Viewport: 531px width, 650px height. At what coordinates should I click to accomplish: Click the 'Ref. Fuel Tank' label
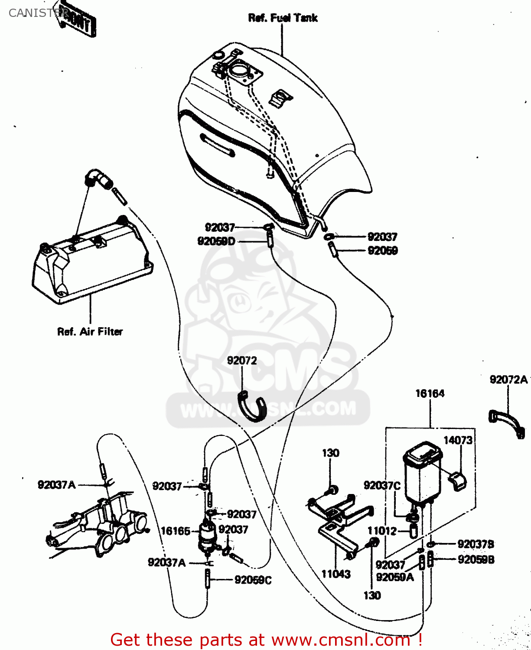pyautogui.click(x=283, y=18)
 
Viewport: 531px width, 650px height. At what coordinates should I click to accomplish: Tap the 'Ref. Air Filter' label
pyautogui.click(x=90, y=331)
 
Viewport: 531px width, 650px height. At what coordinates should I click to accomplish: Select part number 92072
pyautogui.click(x=242, y=361)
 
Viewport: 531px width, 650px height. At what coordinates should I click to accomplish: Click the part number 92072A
pyautogui.click(x=508, y=380)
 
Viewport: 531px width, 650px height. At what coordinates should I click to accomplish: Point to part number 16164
pyautogui.click(x=430, y=393)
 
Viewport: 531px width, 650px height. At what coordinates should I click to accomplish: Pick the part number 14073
pyautogui.click(x=458, y=440)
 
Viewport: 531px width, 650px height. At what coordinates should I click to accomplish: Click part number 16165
pyautogui.click(x=175, y=531)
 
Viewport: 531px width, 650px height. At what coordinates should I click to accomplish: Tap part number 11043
pyautogui.click(x=336, y=574)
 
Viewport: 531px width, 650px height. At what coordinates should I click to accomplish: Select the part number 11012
pyautogui.click(x=382, y=531)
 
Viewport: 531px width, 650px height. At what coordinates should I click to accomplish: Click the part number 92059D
pyautogui.click(x=216, y=241)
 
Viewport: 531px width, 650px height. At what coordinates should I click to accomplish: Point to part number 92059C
pyautogui.click(x=253, y=580)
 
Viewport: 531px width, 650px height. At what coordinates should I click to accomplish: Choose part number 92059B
pyautogui.click(x=476, y=559)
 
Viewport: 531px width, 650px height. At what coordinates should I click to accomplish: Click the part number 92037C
pyautogui.click(x=382, y=485)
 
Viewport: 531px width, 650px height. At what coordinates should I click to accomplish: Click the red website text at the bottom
pyautogui.click(x=266, y=640)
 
